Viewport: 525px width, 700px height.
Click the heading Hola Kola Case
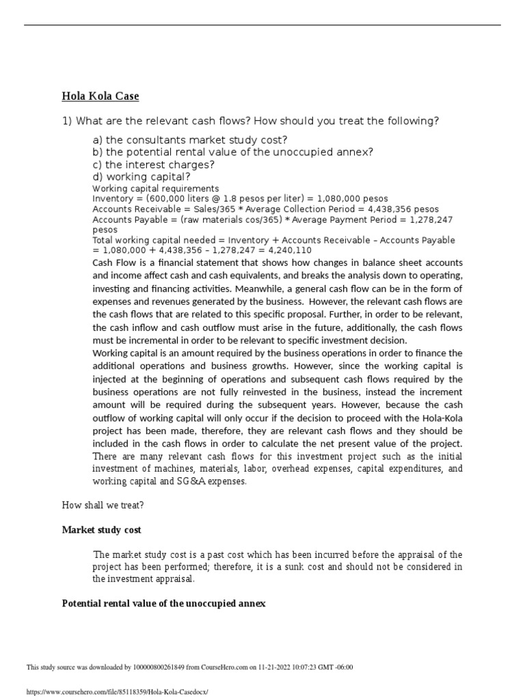100,96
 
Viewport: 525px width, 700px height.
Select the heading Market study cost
102,530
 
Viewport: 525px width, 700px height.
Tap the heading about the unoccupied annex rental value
163,604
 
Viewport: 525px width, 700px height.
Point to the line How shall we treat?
103,505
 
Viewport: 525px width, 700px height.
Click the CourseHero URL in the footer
116,692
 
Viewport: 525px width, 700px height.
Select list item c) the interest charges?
154,165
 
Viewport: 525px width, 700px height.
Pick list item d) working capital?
142,178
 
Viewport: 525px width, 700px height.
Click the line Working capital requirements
156,189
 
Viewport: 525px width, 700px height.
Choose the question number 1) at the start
67,121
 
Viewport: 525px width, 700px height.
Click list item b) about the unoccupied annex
233,152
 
